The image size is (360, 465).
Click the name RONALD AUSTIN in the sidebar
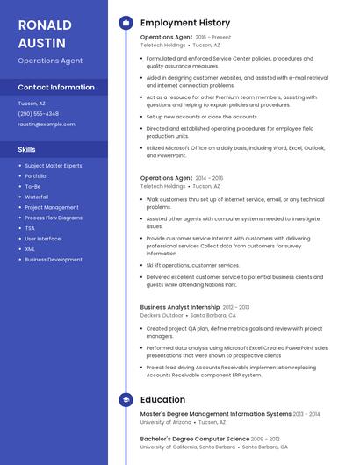click(41, 32)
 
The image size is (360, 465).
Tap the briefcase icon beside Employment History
click(126, 23)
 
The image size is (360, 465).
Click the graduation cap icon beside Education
click(126, 400)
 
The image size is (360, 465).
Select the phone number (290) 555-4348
click(39, 113)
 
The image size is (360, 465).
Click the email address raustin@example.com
click(47, 124)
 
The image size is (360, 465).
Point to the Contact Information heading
click(56, 88)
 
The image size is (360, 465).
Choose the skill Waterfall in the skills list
click(37, 197)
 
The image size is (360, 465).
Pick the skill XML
click(30, 248)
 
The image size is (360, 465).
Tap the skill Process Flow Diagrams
click(54, 218)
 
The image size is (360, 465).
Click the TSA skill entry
click(30, 228)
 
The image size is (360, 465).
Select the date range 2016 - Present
click(213, 38)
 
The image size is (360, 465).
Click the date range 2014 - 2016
click(209, 178)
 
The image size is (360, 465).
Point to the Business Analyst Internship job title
click(180, 307)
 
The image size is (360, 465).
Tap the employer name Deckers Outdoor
click(162, 315)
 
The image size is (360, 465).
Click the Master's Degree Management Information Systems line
click(215, 413)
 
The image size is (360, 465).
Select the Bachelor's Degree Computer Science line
click(195, 438)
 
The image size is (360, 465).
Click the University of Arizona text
click(165, 422)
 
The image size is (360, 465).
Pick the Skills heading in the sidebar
click(27, 149)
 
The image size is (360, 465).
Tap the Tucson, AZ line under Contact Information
click(32, 104)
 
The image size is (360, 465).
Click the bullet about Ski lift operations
click(193, 265)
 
